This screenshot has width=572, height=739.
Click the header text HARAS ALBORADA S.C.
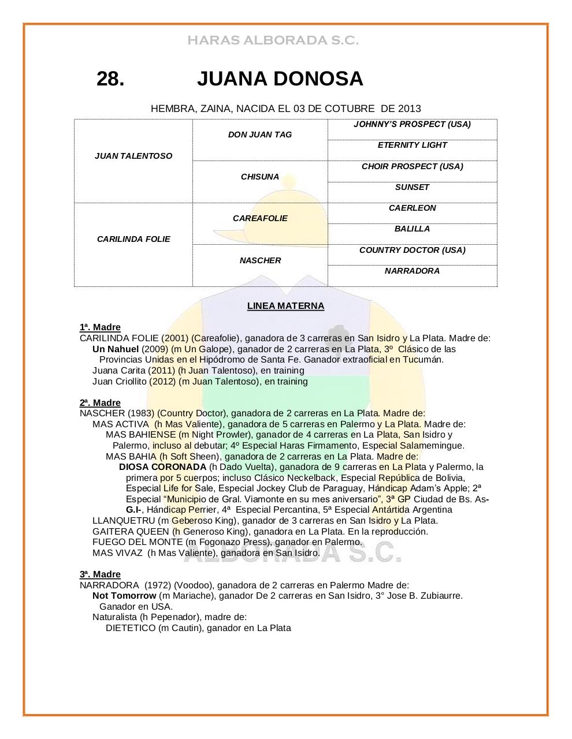pos(273,40)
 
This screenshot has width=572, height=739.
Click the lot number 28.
pos(110,79)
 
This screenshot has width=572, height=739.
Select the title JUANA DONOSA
pos(280,79)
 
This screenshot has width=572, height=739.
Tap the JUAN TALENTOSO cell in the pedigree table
pos(133,156)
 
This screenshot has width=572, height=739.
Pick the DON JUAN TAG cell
pos(260,135)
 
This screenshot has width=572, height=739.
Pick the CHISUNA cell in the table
pos(260,177)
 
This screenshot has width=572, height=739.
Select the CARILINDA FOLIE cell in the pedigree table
pos(133,239)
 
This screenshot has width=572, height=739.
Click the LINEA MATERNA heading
pos(285,306)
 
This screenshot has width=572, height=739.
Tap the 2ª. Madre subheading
pos(100,403)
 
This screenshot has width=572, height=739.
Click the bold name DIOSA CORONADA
pos(162,466)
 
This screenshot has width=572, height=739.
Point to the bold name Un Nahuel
pos(116,349)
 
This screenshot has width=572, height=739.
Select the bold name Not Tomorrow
pos(124,595)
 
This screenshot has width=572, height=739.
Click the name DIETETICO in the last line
pos(131,628)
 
